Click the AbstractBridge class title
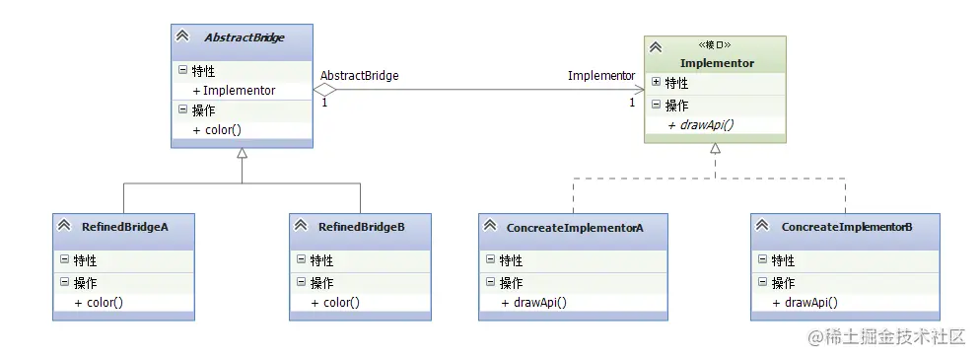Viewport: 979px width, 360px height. point(244,37)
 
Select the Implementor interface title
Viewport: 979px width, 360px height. point(717,63)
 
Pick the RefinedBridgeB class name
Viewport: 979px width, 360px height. point(361,227)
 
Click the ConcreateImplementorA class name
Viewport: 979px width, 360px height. point(575,228)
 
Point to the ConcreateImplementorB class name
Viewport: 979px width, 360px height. point(846,228)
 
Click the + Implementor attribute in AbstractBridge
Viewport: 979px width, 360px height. point(235,91)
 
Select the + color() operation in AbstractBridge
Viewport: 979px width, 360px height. point(217,130)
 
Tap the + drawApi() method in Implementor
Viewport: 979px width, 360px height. point(701,125)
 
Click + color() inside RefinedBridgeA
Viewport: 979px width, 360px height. point(99,303)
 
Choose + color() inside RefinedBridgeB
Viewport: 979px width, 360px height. point(335,303)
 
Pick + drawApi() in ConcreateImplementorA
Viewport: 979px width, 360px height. point(534,303)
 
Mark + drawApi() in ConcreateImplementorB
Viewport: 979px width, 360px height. point(805,303)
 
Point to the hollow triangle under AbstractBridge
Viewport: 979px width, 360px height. point(242,154)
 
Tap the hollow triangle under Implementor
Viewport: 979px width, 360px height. point(716,149)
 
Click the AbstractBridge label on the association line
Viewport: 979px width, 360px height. point(359,75)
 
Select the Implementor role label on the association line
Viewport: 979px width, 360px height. point(601,75)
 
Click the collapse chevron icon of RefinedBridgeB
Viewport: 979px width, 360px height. point(301,227)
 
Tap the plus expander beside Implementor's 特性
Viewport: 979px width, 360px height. point(656,83)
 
